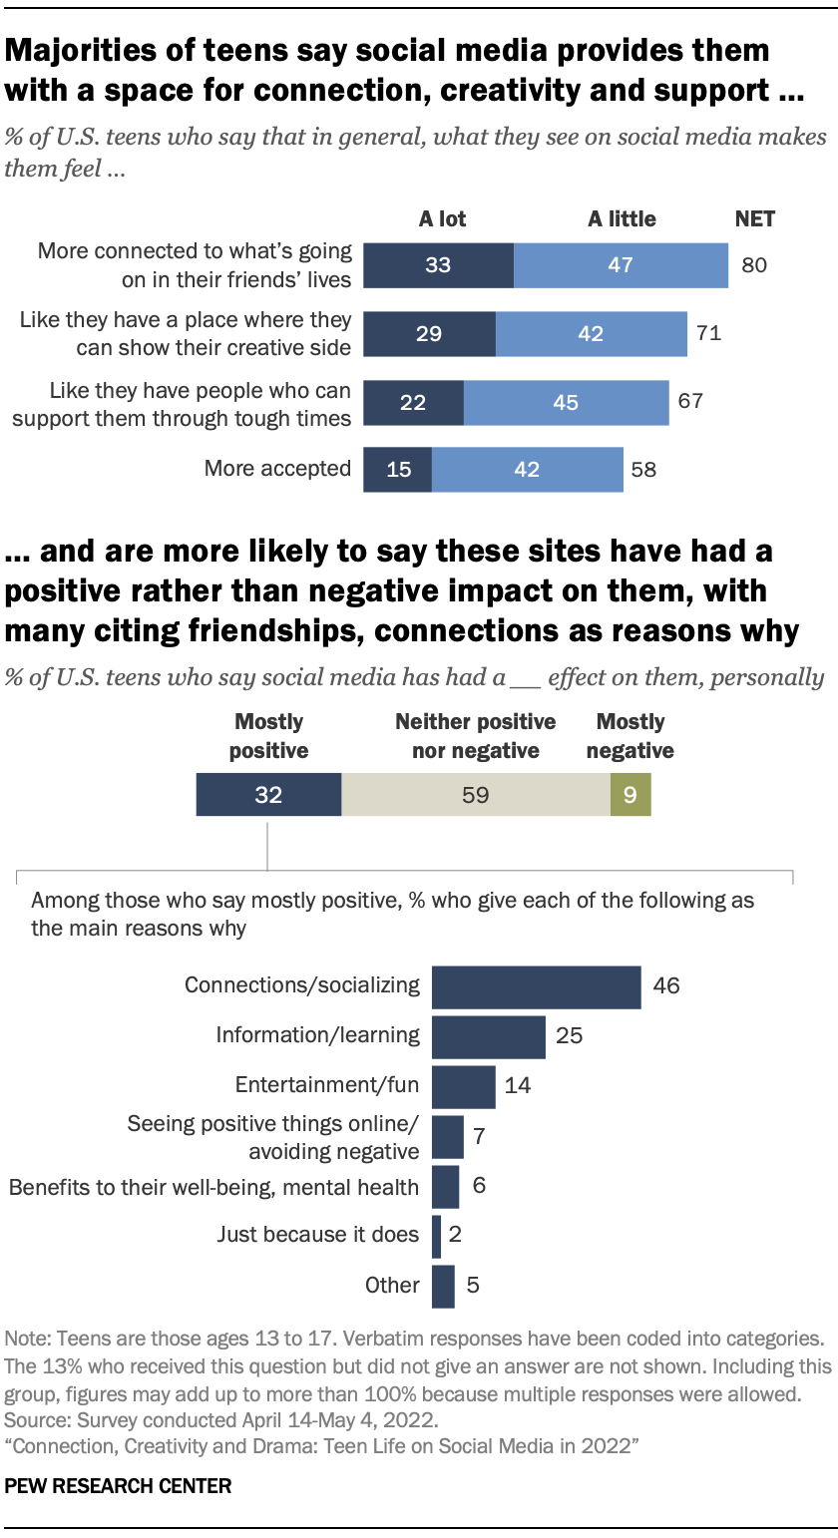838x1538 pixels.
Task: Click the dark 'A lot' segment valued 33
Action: [438, 265]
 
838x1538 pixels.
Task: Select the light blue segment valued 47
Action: [621, 265]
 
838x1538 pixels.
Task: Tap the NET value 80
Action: [754, 265]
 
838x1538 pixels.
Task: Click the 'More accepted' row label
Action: [277, 468]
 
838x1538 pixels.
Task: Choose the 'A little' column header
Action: [622, 219]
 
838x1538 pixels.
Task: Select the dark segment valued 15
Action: [398, 469]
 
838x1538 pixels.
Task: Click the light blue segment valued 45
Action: [566, 403]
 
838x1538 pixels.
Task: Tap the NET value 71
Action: [708, 333]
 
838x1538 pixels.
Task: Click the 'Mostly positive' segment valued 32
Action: [268, 795]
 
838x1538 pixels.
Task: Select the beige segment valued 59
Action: [476, 795]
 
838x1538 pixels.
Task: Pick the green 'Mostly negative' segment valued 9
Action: [630, 795]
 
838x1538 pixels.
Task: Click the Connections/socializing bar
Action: [536, 986]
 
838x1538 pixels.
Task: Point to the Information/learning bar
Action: [488, 1036]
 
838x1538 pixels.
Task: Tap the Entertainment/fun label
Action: [327, 1085]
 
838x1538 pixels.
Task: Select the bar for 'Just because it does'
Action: [436, 1236]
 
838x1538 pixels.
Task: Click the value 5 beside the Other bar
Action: [473, 1285]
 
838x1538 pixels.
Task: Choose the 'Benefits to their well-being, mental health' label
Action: [213, 1186]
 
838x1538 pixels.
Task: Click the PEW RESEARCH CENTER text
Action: [118, 1486]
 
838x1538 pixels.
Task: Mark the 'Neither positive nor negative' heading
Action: [476, 735]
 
